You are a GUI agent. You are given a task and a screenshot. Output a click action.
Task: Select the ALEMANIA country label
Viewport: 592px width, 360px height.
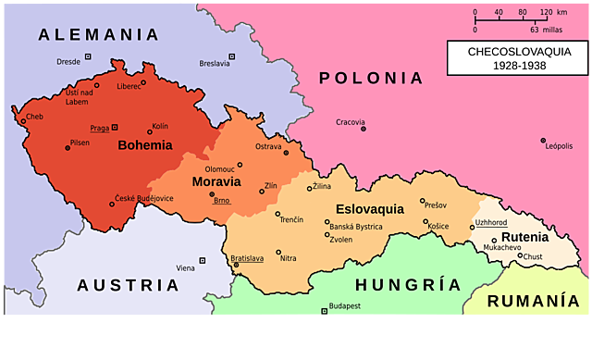pyautogui.click(x=99, y=35)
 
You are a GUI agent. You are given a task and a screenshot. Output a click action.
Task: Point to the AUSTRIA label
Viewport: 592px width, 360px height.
pyautogui.click(x=128, y=285)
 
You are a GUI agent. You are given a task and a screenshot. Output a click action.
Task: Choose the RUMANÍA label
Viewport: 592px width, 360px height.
pyautogui.click(x=534, y=302)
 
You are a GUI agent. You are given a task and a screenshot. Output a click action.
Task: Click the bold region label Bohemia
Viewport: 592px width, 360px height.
pyautogui.click(x=145, y=145)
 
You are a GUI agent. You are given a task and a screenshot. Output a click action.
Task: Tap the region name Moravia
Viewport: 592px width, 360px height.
pyautogui.click(x=216, y=181)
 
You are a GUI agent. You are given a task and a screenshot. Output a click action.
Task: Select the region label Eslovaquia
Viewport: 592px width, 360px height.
pyautogui.click(x=370, y=209)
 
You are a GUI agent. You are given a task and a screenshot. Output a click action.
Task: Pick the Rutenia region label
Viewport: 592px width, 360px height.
pyautogui.click(x=524, y=237)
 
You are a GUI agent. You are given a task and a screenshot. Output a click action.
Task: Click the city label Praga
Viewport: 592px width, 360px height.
pyautogui.click(x=100, y=128)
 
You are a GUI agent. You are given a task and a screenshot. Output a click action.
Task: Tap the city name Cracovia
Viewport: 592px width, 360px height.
pyautogui.click(x=351, y=122)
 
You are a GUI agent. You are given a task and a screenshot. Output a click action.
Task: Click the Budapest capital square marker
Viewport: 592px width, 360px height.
pyautogui.click(x=324, y=311)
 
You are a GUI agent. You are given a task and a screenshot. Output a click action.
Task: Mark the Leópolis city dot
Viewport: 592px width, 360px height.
pyautogui.click(x=543, y=141)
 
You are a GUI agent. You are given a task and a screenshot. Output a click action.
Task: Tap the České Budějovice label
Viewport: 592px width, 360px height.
pyautogui.click(x=144, y=198)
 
